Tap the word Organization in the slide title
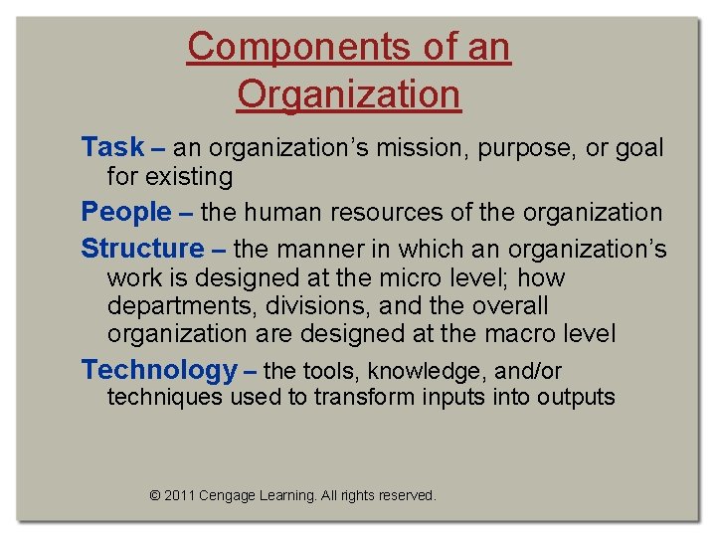pos(349,94)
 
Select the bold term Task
pos(112,147)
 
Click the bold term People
pos(126,212)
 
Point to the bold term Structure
pos(141,248)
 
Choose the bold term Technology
pos(158,370)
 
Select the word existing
pos(189,178)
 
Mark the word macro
pos(541,335)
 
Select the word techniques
pos(164,398)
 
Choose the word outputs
pos(576,398)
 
